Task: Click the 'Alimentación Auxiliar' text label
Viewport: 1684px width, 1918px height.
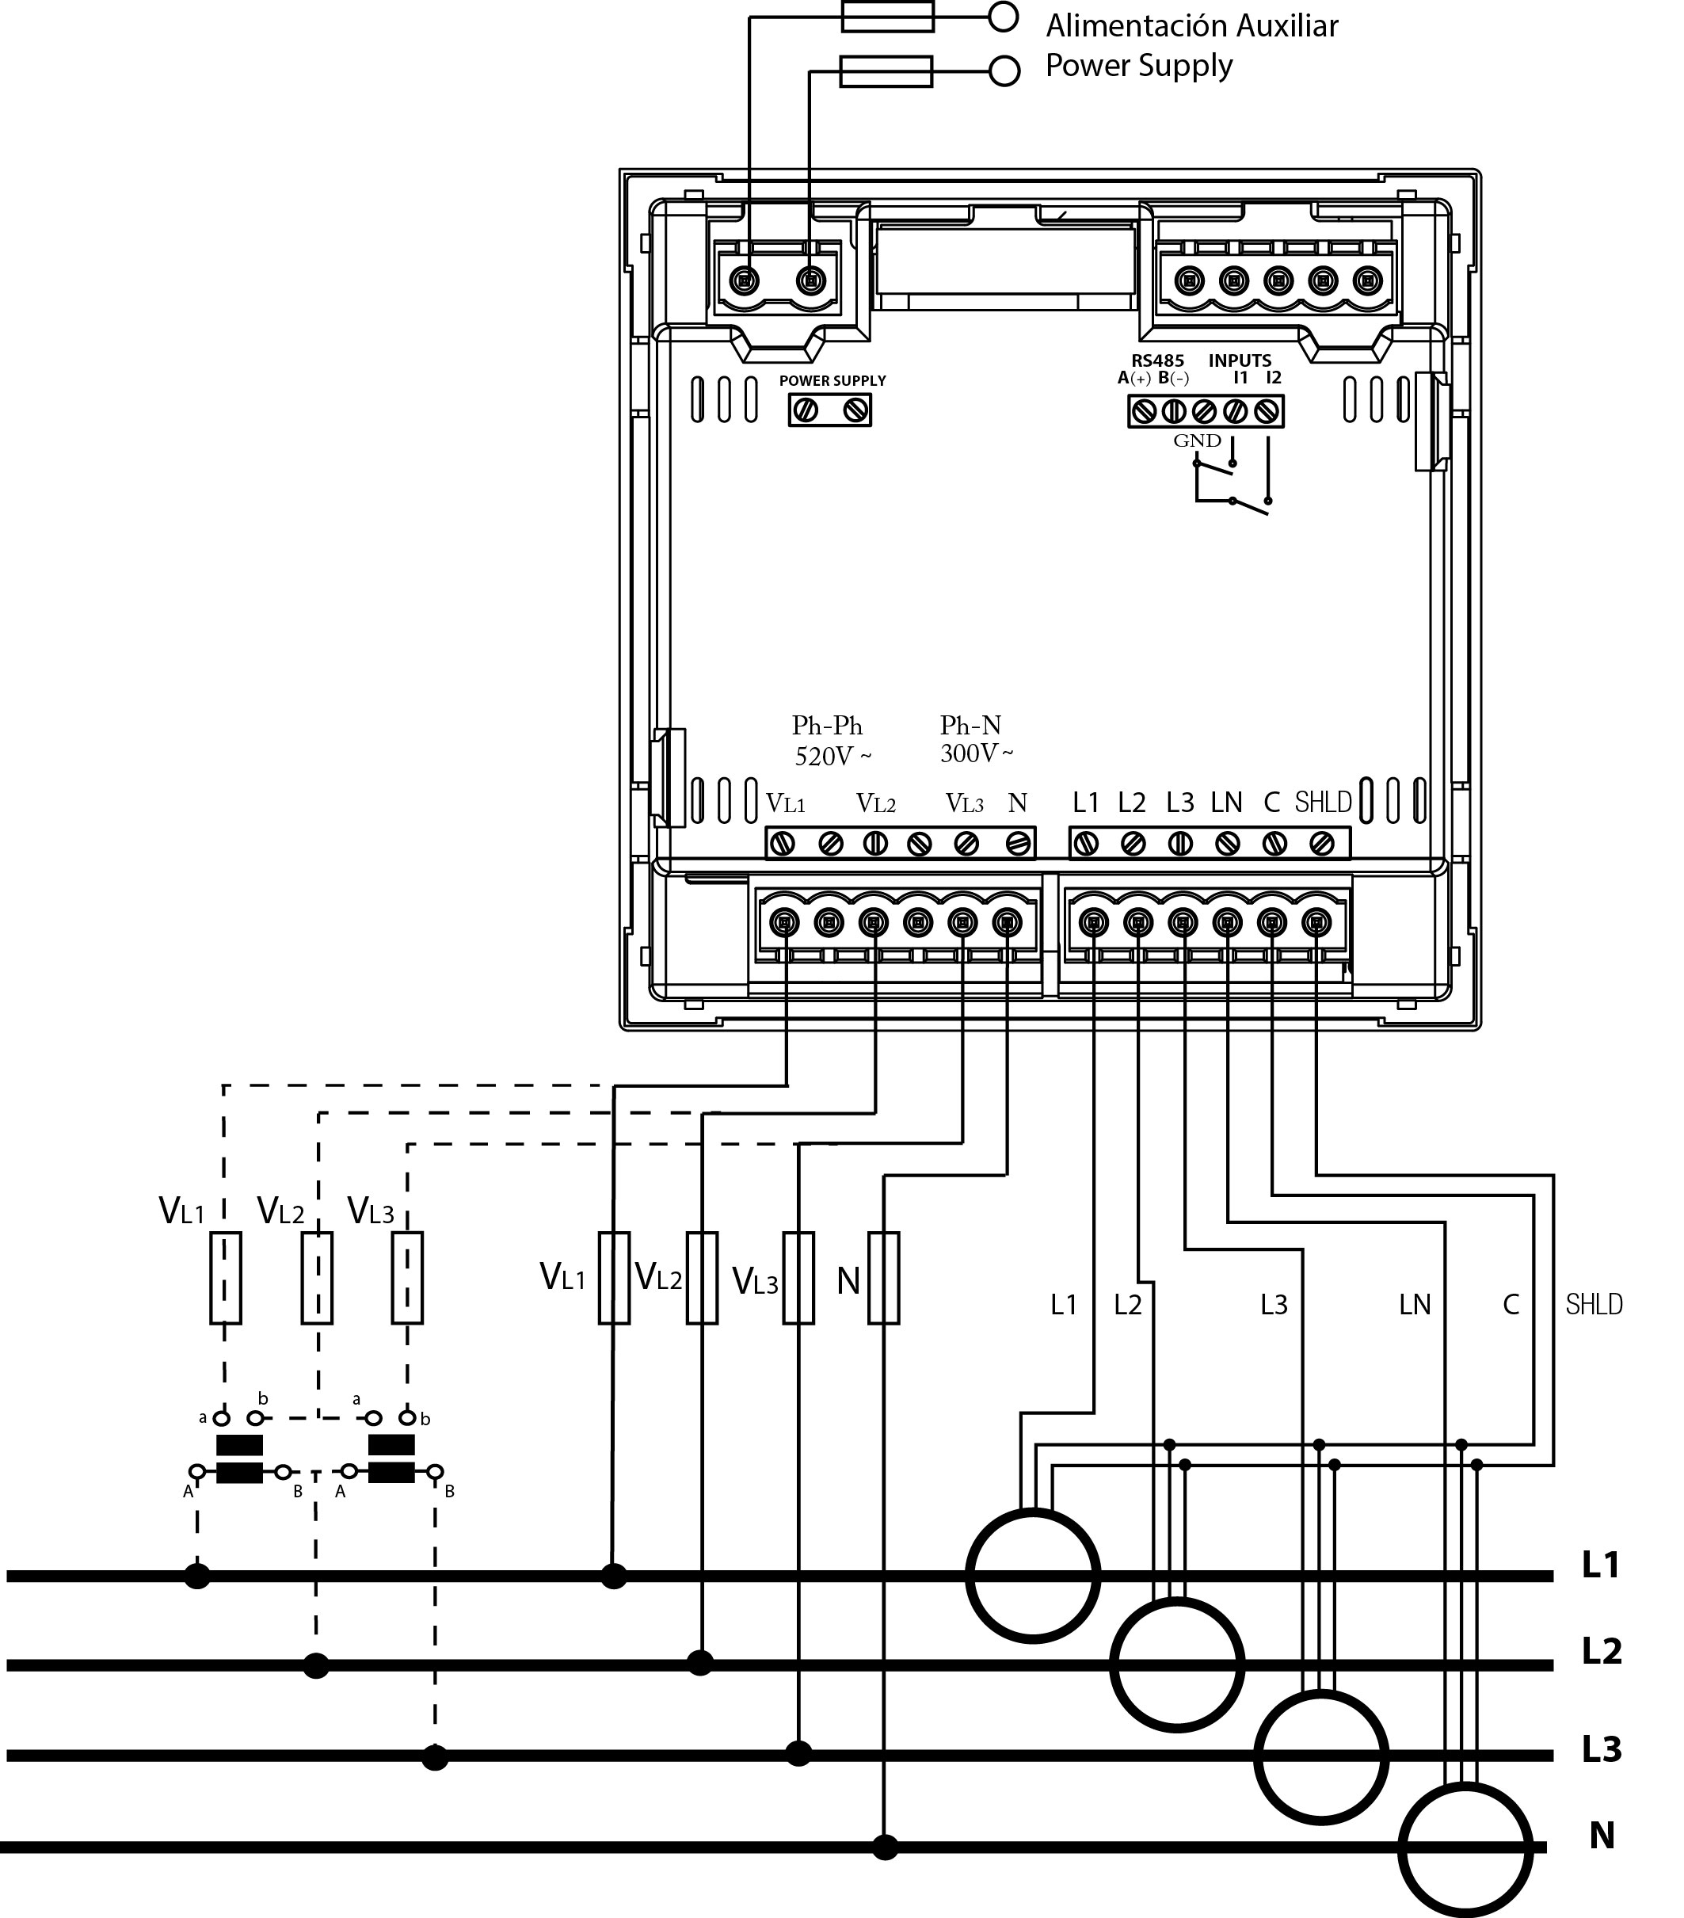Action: coord(1191,25)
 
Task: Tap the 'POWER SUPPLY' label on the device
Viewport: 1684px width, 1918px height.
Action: coord(832,380)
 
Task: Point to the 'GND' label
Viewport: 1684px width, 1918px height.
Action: coord(1197,441)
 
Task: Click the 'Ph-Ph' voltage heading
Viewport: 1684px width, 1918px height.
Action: coord(826,726)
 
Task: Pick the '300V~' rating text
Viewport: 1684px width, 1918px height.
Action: coord(977,753)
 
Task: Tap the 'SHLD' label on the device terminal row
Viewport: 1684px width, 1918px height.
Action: coord(1323,803)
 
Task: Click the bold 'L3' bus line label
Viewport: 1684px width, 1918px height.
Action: coord(1602,1749)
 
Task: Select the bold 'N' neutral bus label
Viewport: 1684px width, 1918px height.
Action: coord(1602,1835)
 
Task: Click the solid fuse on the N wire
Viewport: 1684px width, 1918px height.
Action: coord(883,1278)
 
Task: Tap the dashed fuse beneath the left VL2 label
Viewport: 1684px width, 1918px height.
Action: coord(317,1278)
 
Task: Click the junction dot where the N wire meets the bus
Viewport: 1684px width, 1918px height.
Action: coord(885,1847)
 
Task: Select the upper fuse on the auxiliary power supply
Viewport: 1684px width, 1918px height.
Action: coord(887,16)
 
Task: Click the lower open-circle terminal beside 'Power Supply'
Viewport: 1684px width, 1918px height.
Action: coord(1004,71)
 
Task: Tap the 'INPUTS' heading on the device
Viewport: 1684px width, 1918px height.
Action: coord(1240,360)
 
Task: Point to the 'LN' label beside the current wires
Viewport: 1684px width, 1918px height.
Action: coord(1415,1303)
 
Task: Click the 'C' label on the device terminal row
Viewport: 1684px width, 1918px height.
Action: coord(1272,803)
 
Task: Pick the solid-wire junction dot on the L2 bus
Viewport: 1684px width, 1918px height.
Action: coord(700,1663)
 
